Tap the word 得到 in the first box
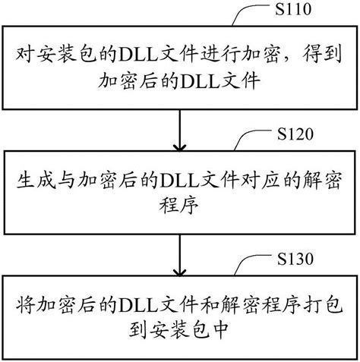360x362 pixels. pyautogui.click(x=323, y=55)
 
